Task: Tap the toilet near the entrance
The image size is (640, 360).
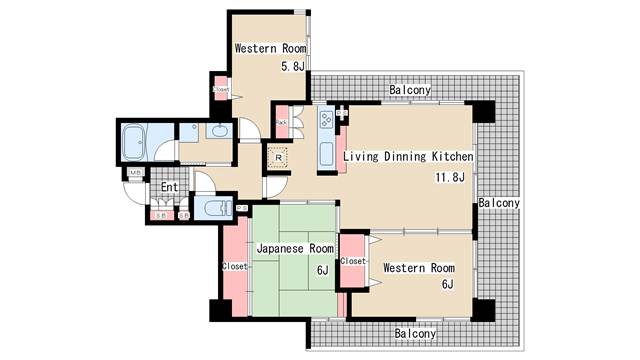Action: coord(212,208)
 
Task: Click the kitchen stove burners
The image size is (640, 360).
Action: coord(325,121)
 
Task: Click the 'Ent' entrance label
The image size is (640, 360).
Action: coord(169,187)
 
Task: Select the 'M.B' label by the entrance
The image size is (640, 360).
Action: coord(134,174)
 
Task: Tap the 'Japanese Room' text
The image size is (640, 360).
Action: coord(294,248)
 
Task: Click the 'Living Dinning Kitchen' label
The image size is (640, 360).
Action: coord(408,157)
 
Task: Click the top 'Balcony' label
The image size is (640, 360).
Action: coord(410,90)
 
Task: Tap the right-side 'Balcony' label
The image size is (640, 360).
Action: coord(498,203)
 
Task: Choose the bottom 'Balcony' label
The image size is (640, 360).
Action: coord(414,333)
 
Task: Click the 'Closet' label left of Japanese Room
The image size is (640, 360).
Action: coord(234,267)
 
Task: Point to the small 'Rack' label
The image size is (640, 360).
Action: coord(282,123)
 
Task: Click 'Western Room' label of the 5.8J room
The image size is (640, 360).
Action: coord(269,48)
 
